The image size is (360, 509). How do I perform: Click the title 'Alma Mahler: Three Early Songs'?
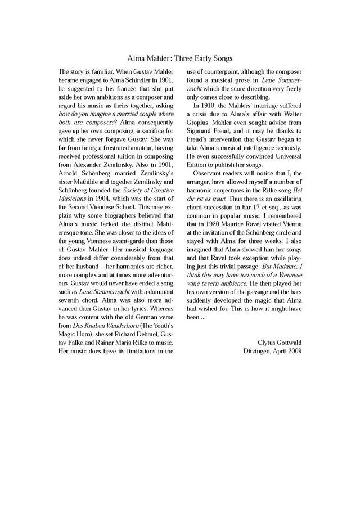(180, 58)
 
